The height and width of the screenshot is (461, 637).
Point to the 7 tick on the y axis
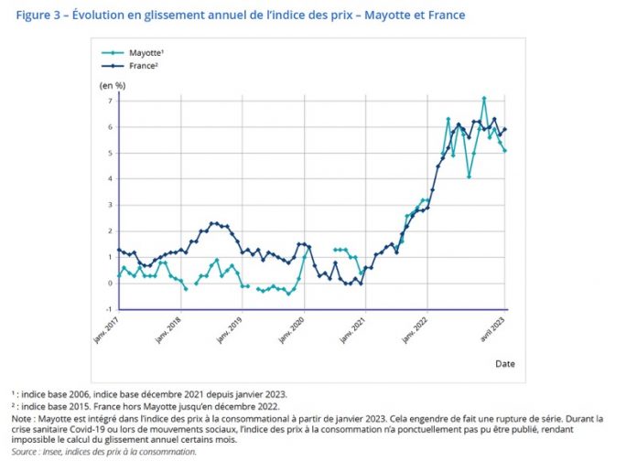click(x=109, y=100)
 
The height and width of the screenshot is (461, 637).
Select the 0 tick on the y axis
click(x=109, y=283)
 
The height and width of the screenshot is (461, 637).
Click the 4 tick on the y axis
click(x=109, y=178)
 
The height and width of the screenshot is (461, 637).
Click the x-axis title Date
click(x=505, y=363)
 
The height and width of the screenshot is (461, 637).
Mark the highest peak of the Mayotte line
click(x=484, y=98)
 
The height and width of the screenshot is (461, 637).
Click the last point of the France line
click(x=505, y=129)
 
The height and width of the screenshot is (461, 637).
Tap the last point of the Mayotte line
click(x=505, y=151)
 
